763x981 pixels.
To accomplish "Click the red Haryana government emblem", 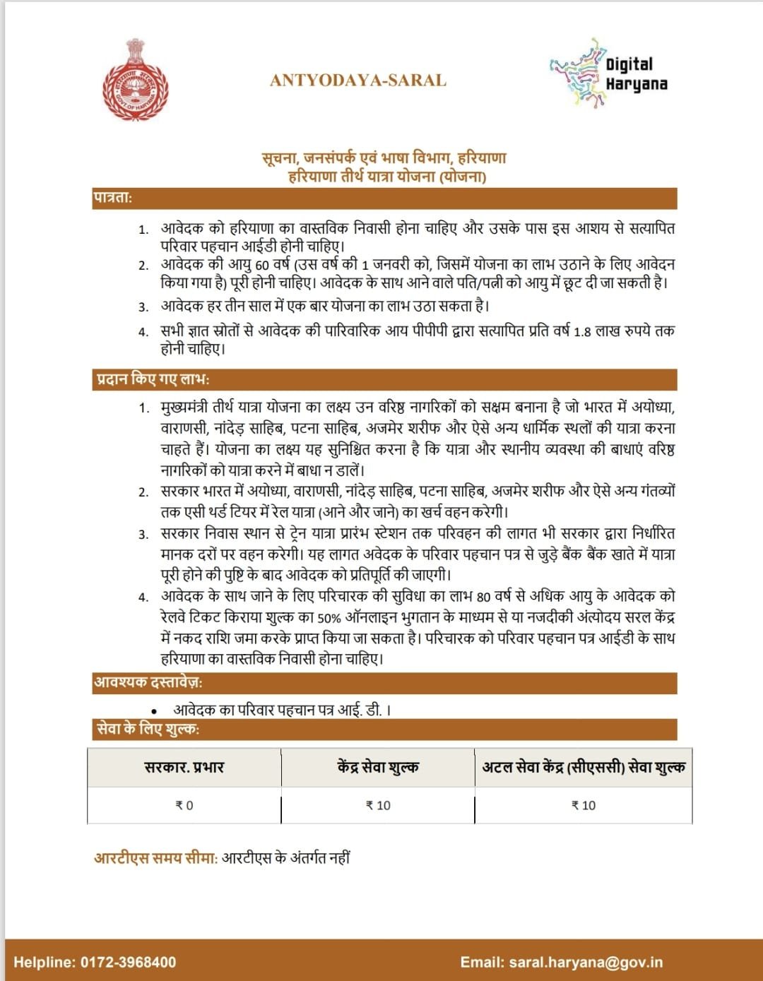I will click(x=135, y=81).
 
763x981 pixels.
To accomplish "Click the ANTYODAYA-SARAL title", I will click(x=358, y=81).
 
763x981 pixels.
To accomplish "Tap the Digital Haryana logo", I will click(x=608, y=73).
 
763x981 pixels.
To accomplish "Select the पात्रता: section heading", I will click(x=113, y=198).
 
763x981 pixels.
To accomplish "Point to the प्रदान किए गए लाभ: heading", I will click(x=153, y=379).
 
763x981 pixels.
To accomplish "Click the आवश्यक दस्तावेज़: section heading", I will click(x=148, y=682).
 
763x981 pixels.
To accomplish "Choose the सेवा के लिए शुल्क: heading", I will click(x=148, y=729).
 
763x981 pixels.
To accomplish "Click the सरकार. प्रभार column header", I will click(x=184, y=767).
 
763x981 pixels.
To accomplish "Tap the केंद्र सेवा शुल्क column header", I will click(x=378, y=767).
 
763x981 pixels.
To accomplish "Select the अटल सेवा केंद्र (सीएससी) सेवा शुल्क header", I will click(x=584, y=767).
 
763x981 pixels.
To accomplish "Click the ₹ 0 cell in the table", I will click(x=184, y=805).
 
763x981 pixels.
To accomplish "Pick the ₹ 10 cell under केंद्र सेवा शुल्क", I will click(x=378, y=805).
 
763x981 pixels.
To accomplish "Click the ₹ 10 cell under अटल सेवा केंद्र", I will click(x=584, y=805).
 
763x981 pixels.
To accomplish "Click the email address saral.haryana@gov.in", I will click(x=586, y=962).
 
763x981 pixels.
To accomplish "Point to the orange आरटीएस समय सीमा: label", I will click(x=156, y=858).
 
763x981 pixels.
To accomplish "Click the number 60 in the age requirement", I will click(x=262, y=266).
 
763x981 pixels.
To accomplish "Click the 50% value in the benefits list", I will click(x=329, y=618).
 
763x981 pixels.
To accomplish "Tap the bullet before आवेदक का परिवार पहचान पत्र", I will click(x=154, y=711).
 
